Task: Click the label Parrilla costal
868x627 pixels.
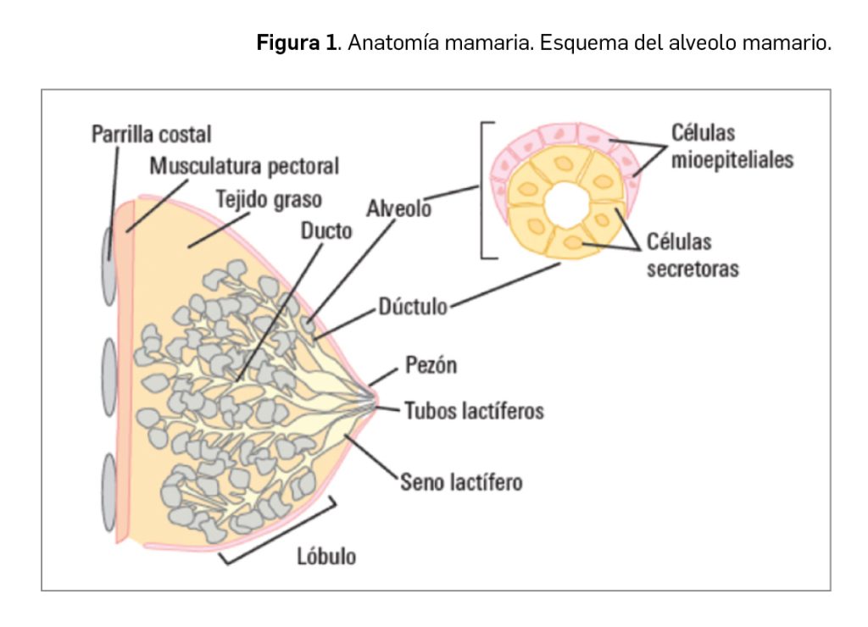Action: click(151, 135)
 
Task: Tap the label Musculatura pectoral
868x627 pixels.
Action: click(244, 166)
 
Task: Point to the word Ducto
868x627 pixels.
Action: click(326, 230)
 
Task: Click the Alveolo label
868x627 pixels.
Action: click(398, 208)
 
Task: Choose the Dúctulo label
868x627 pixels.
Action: click(413, 307)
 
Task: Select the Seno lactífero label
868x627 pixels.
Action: click(461, 482)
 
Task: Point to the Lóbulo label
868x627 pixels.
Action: click(326, 557)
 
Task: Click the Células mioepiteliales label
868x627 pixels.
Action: click(731, 147)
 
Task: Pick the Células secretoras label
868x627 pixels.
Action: click(692, 256)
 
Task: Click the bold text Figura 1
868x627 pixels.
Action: click(297, 43)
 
